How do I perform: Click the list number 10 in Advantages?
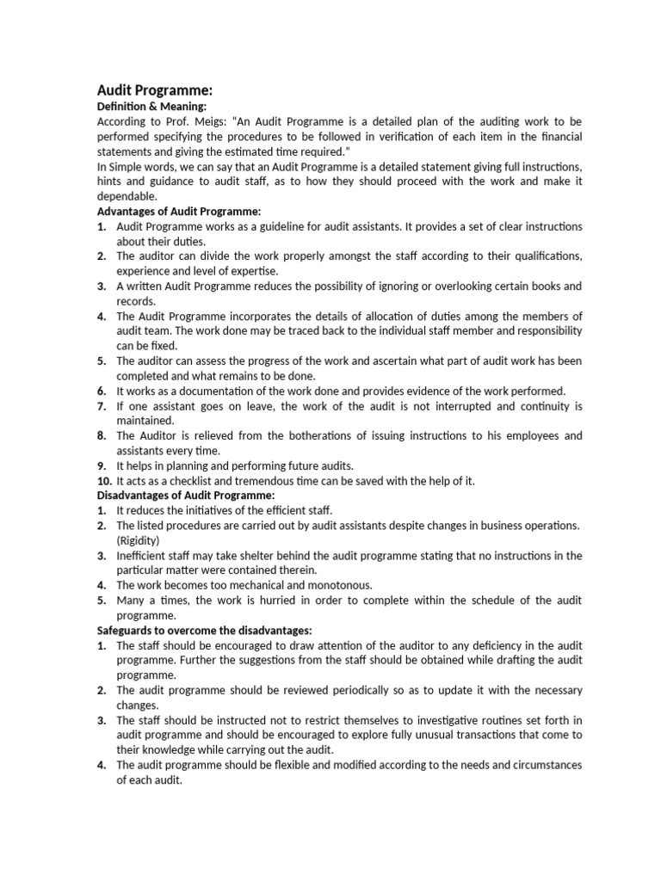click(103, 481)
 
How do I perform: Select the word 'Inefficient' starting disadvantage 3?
click(143, 556)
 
